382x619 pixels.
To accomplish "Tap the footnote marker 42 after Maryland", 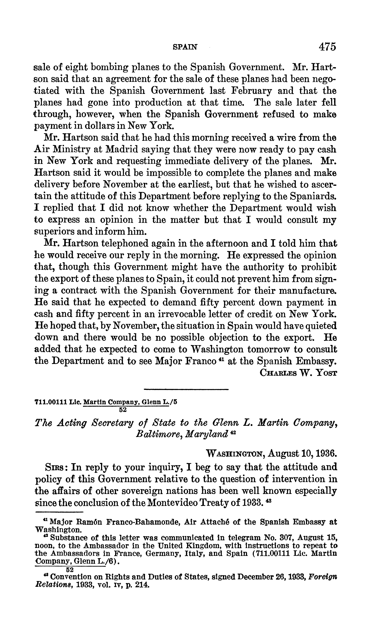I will pos(233,432).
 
